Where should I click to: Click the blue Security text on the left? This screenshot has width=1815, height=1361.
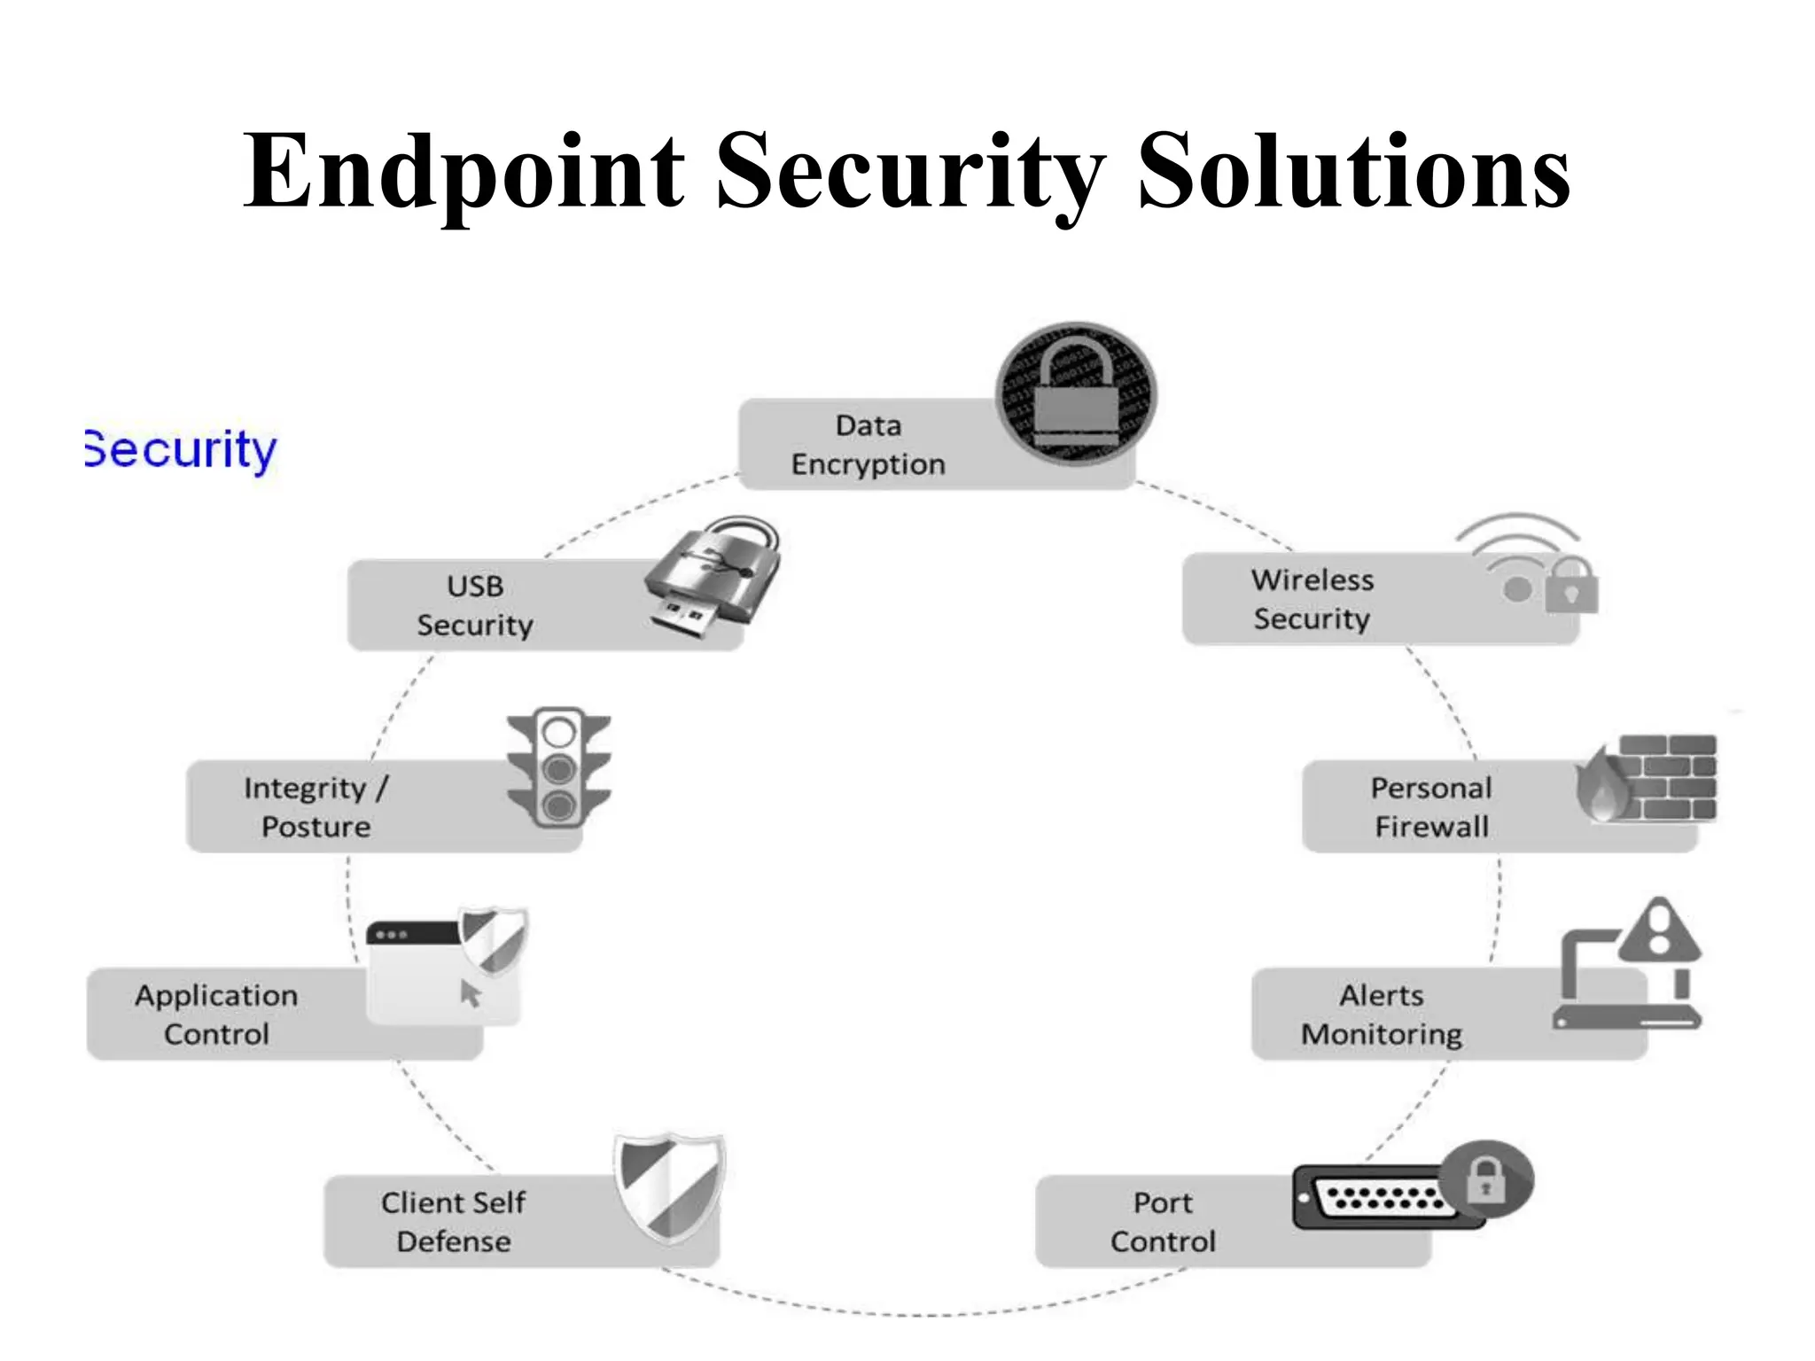(181, 450)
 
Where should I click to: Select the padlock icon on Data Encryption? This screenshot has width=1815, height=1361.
(1076, 393)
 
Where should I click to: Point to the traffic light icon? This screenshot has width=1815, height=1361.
(559, 767)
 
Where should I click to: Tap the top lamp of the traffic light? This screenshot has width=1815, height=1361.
(559, 733)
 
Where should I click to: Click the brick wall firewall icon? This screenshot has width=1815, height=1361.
(1666, 777)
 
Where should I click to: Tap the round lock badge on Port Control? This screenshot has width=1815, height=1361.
(1486, 1179)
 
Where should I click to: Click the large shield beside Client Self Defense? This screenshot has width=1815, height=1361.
(671, 1187)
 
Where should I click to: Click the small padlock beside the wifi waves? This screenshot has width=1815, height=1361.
(1571, 586)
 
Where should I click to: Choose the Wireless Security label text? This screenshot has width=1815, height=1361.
(1312, 599)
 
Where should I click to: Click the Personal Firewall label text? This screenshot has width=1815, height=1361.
(1431, 807)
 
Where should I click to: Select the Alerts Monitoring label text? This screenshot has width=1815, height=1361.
(1381, 1015)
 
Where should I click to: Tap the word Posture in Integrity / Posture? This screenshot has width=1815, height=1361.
(316, 827)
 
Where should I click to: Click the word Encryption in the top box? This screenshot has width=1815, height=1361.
(868, 464)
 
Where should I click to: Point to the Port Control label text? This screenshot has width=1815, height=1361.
(1163, 1222)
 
